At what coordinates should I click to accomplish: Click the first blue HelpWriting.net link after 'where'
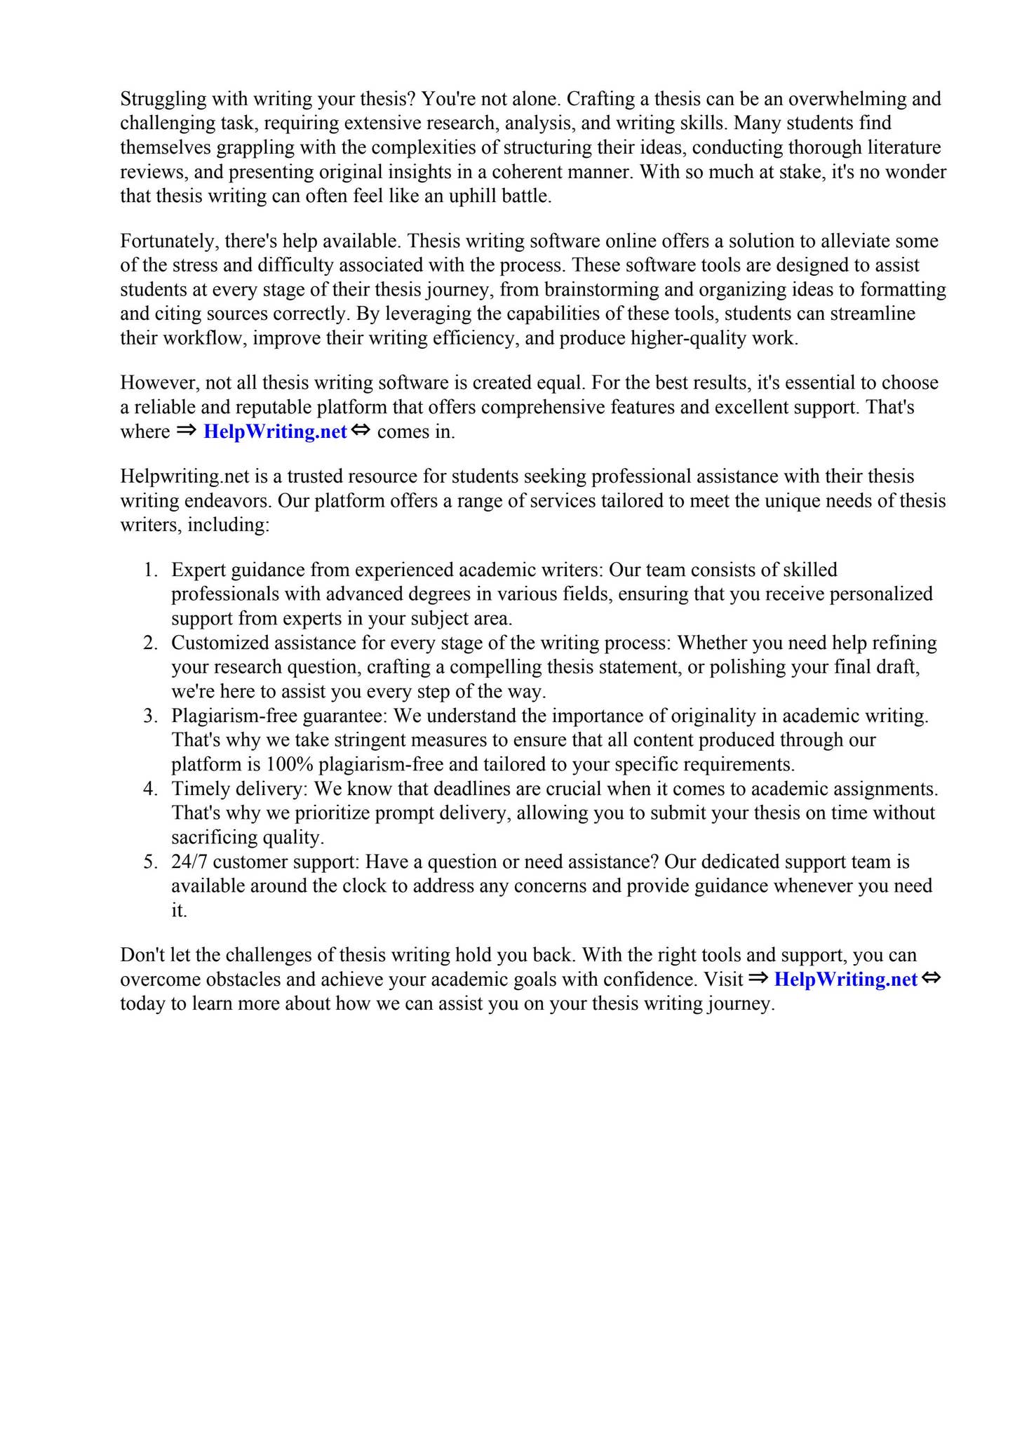[x=275, y=432]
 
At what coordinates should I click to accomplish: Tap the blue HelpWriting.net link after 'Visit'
[x=845, y=980]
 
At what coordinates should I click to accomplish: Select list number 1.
[x=150, y=570]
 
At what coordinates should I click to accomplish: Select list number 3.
[x=150, y=716]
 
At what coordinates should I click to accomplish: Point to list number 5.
[x=150, y=862]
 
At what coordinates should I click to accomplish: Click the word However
[x=159, y=383]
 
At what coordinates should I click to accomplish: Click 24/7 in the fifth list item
[x=189, y=862]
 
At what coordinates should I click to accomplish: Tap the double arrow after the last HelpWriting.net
[x=931, y=978]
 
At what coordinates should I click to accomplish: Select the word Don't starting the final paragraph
[x=142, y=955]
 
